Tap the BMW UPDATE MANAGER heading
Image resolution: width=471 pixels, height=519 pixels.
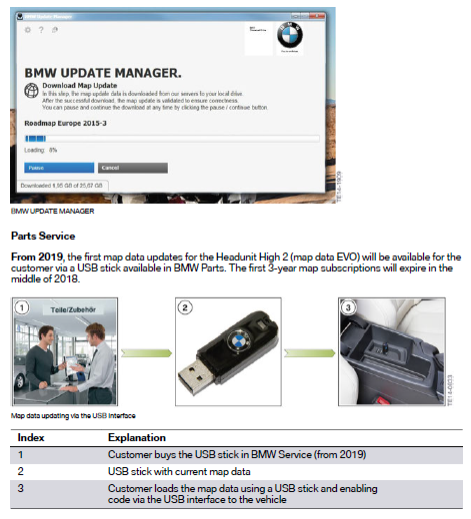102,73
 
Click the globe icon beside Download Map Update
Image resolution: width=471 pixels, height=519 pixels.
30,89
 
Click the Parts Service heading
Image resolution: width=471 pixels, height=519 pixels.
44,237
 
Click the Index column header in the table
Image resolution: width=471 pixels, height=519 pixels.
30,437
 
